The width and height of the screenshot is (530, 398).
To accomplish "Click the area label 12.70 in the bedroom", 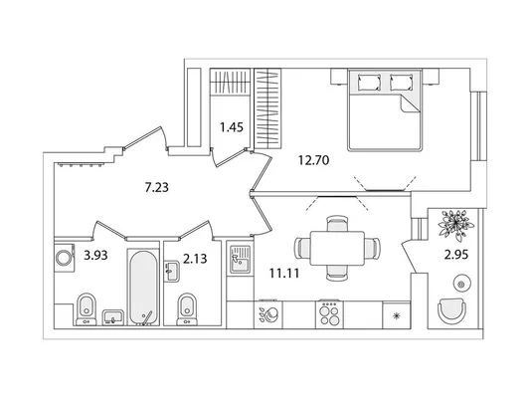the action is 313,160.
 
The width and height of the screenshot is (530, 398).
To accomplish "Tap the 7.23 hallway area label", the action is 156,187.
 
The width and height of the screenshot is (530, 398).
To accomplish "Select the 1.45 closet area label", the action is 232,127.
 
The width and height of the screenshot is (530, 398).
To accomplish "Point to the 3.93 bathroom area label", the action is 95,256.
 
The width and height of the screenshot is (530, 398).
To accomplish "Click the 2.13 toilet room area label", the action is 195,259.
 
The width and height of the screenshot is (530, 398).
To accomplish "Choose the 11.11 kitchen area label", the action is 284,273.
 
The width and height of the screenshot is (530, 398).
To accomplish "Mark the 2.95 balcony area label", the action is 456,255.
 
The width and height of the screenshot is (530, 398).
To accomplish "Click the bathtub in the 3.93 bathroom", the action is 143,288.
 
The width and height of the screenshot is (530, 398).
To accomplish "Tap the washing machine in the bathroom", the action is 65,258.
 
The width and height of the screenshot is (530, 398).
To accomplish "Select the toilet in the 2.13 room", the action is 187,309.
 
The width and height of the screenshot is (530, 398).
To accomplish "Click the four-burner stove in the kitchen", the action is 329,313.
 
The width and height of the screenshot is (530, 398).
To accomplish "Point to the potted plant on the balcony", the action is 456,224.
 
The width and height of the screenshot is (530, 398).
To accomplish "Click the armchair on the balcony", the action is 451,310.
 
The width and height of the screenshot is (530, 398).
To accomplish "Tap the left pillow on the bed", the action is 369,83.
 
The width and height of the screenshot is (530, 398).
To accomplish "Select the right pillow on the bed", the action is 401,83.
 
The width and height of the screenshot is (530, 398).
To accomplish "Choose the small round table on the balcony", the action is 460,284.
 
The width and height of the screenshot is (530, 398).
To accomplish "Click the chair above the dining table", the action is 337,223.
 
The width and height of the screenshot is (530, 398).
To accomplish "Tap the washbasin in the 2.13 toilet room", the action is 172,271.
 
